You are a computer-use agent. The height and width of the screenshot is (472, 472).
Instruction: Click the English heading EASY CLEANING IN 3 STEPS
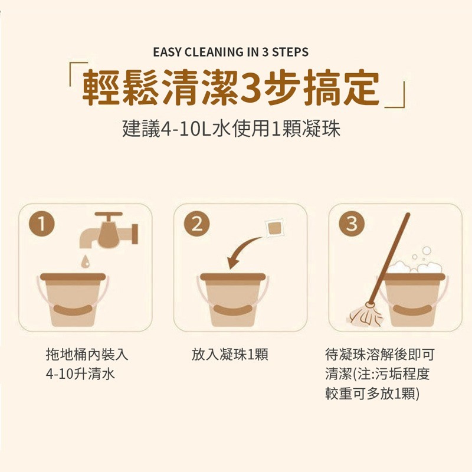[230, 52]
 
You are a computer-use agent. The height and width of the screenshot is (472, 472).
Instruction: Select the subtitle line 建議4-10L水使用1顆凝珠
[231, 129]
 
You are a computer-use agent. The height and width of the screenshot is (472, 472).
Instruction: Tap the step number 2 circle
[197, 224]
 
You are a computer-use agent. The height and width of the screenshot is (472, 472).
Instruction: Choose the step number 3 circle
[352, 224]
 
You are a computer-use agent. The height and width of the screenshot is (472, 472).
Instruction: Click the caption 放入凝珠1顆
[230, 355]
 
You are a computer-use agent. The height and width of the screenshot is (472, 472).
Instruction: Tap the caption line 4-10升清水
[80, 374]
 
